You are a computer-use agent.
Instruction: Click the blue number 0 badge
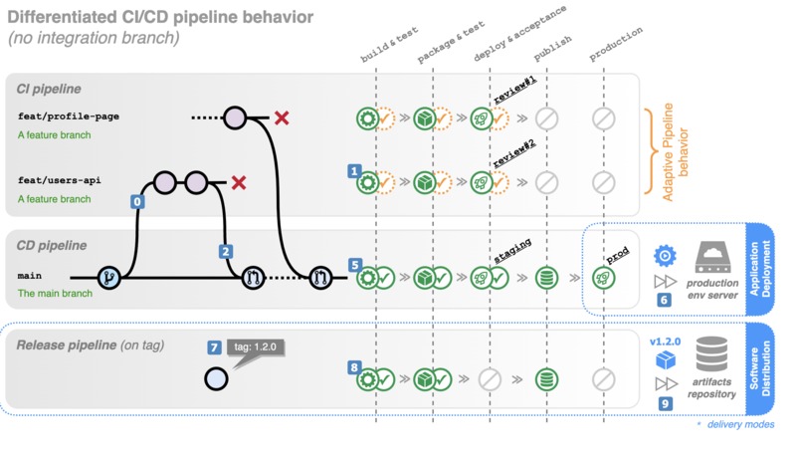click(x=137, y=201)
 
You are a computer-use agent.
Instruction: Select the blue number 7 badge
click(x=214, y=347)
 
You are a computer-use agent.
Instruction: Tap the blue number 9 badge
click(x=665, y=404)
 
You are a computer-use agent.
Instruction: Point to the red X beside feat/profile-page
click(x=282, y=118)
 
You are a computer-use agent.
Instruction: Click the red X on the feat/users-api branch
click(x=239, y=183)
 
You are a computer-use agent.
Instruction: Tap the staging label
click(x=511, y=248)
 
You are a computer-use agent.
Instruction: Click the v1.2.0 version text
click(x=665, y=342)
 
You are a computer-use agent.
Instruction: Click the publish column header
click(x=553, y=45)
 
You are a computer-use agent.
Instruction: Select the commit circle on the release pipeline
click(x=215, y=378)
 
